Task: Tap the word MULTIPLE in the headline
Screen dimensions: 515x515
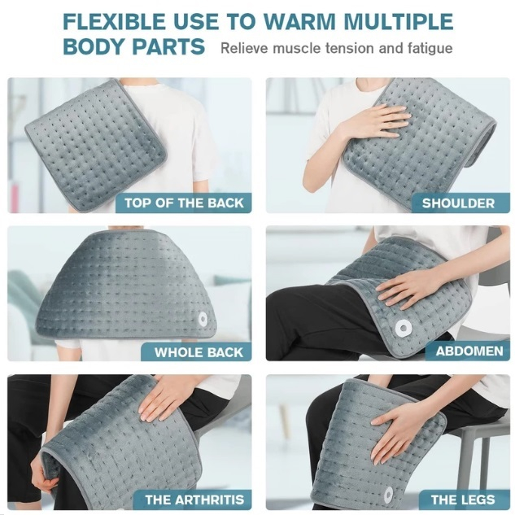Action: click(x=398, y=21)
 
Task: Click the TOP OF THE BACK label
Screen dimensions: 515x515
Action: click(x=184, y=203)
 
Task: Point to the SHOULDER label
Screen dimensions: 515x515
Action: click(x=458, y=203)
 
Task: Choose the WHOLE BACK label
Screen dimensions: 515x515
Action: click(x=199, y=352)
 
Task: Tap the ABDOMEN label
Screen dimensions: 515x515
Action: click(x=469, y=351)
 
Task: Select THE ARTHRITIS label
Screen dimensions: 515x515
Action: click(x=194, y=500)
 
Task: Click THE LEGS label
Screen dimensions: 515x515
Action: click(x=463, y=500)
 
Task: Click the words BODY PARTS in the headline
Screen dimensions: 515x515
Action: click(x=133, y=46)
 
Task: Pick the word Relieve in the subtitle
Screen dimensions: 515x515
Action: click(x=245, y=48)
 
